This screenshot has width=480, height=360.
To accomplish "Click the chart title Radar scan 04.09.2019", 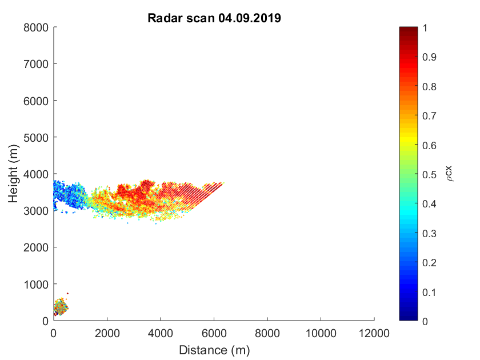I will [x=214, y=18].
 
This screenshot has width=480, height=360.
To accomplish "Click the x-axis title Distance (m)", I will [x=214, y=349].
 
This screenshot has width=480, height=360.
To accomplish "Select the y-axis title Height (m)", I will [x=14, y=174].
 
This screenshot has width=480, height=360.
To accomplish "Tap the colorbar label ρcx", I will [x=449, y=174].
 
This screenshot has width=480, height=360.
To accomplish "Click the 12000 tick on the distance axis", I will [x=374, y=333].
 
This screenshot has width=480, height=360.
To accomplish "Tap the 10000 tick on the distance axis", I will [x=321, y=333].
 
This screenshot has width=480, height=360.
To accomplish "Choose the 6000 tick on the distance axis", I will [x=214, y=333].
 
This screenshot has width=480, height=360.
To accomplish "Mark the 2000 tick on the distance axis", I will [x=107, y=333].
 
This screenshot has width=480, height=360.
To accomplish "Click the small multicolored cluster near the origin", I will [x=61, y=307].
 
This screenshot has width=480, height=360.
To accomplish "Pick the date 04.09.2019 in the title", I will [x=250, y=18].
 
